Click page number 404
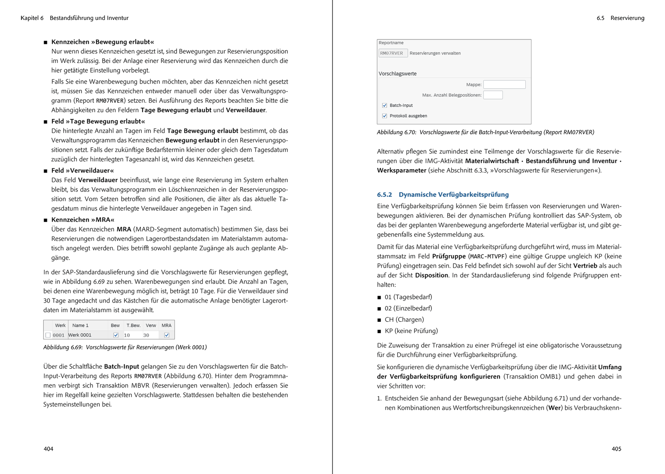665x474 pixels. [48, 449]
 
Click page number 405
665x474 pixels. [616, 449]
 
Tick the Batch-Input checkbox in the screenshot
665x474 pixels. [384, 106]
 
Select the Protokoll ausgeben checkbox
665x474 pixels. [384, 116]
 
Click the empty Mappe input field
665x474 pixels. [504, 84]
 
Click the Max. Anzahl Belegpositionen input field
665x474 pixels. [493, 95]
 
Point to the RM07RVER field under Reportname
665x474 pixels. [392, 53]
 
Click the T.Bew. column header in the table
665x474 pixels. [133, 326]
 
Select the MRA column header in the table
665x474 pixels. [167, 326]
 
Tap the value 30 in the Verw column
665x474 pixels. [146, 335]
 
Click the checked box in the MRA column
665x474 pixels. [167, 335]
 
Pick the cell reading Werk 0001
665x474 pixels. [80, 335]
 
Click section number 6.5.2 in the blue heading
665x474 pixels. [384, 195]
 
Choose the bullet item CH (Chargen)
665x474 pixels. [404, 320]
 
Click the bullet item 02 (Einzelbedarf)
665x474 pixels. [408, 309]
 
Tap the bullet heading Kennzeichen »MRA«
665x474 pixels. [83, 220]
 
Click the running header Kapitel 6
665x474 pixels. [32, 18]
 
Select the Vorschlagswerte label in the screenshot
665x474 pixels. [397, 74]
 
